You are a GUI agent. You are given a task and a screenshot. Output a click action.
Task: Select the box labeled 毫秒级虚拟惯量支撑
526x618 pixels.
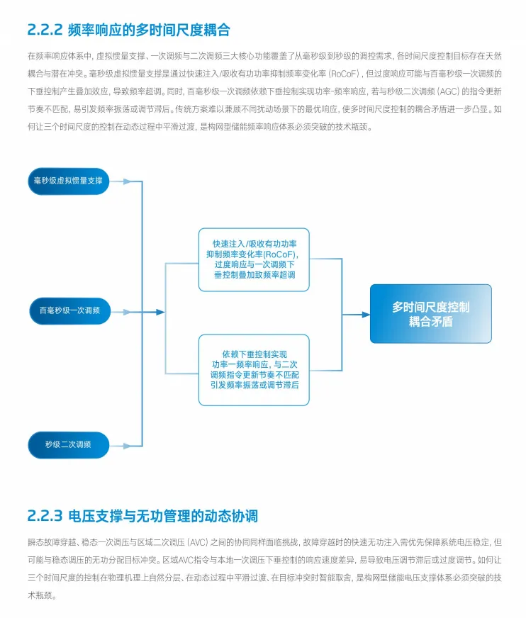point(68,181)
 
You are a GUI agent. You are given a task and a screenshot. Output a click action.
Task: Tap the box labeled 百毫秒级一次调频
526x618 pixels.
point(69,310)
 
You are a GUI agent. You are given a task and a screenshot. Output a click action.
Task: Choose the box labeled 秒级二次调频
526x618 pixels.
point(68,444)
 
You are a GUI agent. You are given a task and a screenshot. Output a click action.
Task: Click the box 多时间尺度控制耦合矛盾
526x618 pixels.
point(430,314)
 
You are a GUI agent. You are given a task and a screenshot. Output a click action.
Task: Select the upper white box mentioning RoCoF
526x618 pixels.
point(253,259)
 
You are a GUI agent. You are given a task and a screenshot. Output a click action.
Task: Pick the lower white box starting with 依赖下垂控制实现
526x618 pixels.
point(253,369)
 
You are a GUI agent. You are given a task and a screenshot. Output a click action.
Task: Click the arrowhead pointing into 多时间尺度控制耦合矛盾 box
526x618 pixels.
point(365,314)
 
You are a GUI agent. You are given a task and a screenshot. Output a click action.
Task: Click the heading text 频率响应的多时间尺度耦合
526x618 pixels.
point(149,30)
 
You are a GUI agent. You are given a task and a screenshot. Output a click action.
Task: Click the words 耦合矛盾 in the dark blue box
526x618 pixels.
point(430,321)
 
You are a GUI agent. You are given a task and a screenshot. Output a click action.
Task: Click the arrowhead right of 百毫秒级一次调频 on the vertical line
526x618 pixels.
point(160,312)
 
